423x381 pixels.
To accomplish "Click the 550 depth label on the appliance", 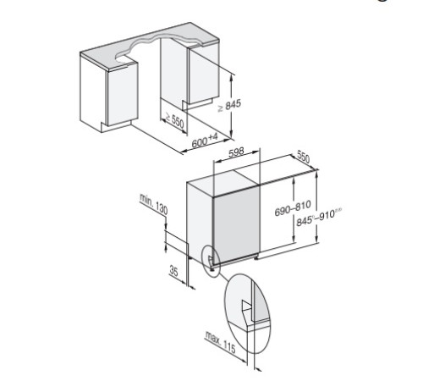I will coord(303,157).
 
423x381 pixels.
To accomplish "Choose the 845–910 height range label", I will coord(316,217).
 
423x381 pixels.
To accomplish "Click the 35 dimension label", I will coord(173,272).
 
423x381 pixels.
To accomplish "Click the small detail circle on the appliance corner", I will coord(211,257).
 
